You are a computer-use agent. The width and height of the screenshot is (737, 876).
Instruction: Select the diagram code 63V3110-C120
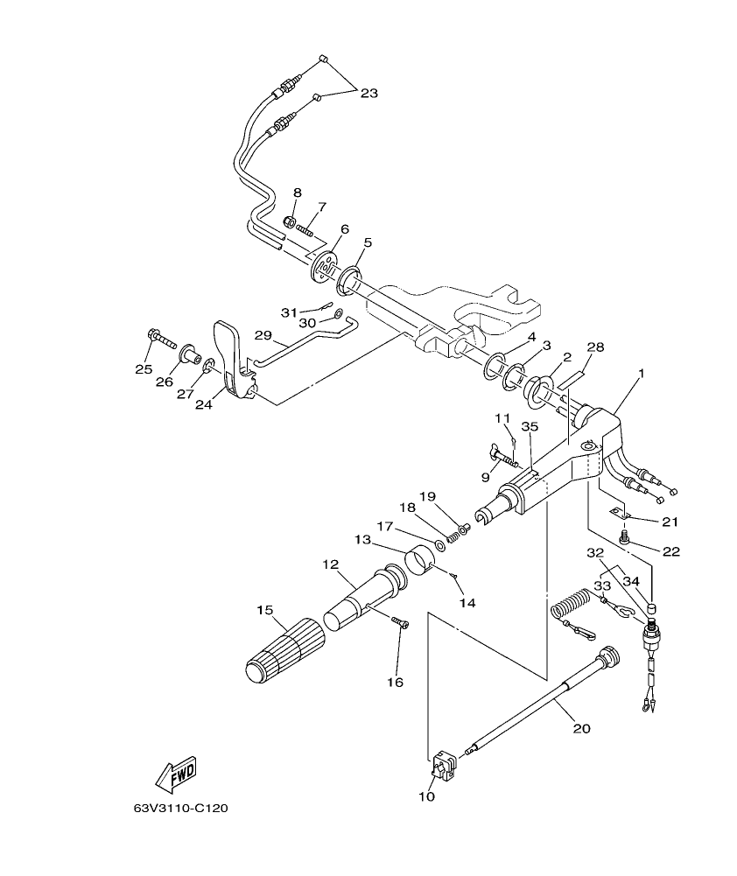coord(180,809)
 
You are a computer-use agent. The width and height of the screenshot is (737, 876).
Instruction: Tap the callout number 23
coord(368,93)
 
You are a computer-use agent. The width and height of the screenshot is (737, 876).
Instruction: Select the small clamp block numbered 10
coord(442,764)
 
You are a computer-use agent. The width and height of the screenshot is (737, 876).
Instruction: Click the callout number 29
coord(263,335)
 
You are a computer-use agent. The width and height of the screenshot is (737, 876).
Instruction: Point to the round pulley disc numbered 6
coord(325,264)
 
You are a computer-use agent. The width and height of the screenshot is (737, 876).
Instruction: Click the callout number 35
coord(528,427)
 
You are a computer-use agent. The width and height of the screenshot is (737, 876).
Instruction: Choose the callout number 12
coord(330,564)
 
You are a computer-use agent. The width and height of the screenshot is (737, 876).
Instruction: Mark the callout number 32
coord(595,554)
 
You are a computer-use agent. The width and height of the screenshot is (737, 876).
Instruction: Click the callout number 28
coord(595,348)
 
